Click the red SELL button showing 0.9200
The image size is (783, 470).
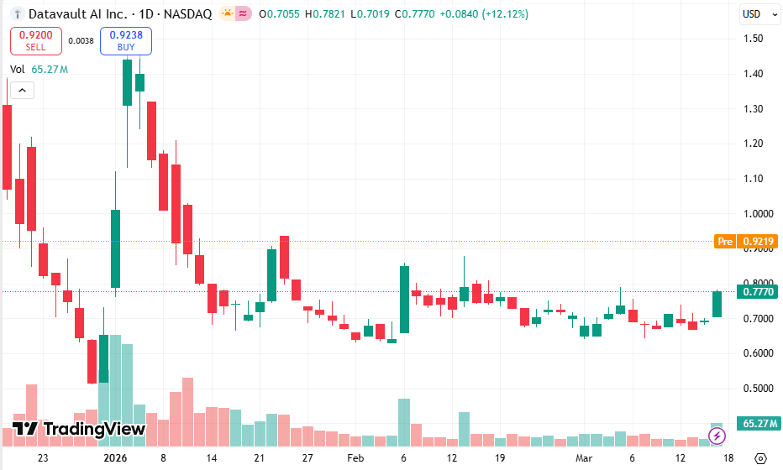click(x=35, y=40)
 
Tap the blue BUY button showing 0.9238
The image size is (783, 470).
click(x=125, y=40)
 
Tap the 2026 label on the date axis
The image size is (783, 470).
click(x=115, y=458)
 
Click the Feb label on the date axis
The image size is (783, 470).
click(x=355, y=458)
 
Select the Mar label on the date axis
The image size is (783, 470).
click(x=584, y=458)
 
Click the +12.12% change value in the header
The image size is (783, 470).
click(x=503, y=14)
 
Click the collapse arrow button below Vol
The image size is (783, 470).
click(x=20, y=89)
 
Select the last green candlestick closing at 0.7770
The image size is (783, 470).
click(x=717, y=304)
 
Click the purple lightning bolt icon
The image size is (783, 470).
click(x=717, y=435)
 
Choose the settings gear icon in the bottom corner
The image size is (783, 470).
click(x=760, y=458)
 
